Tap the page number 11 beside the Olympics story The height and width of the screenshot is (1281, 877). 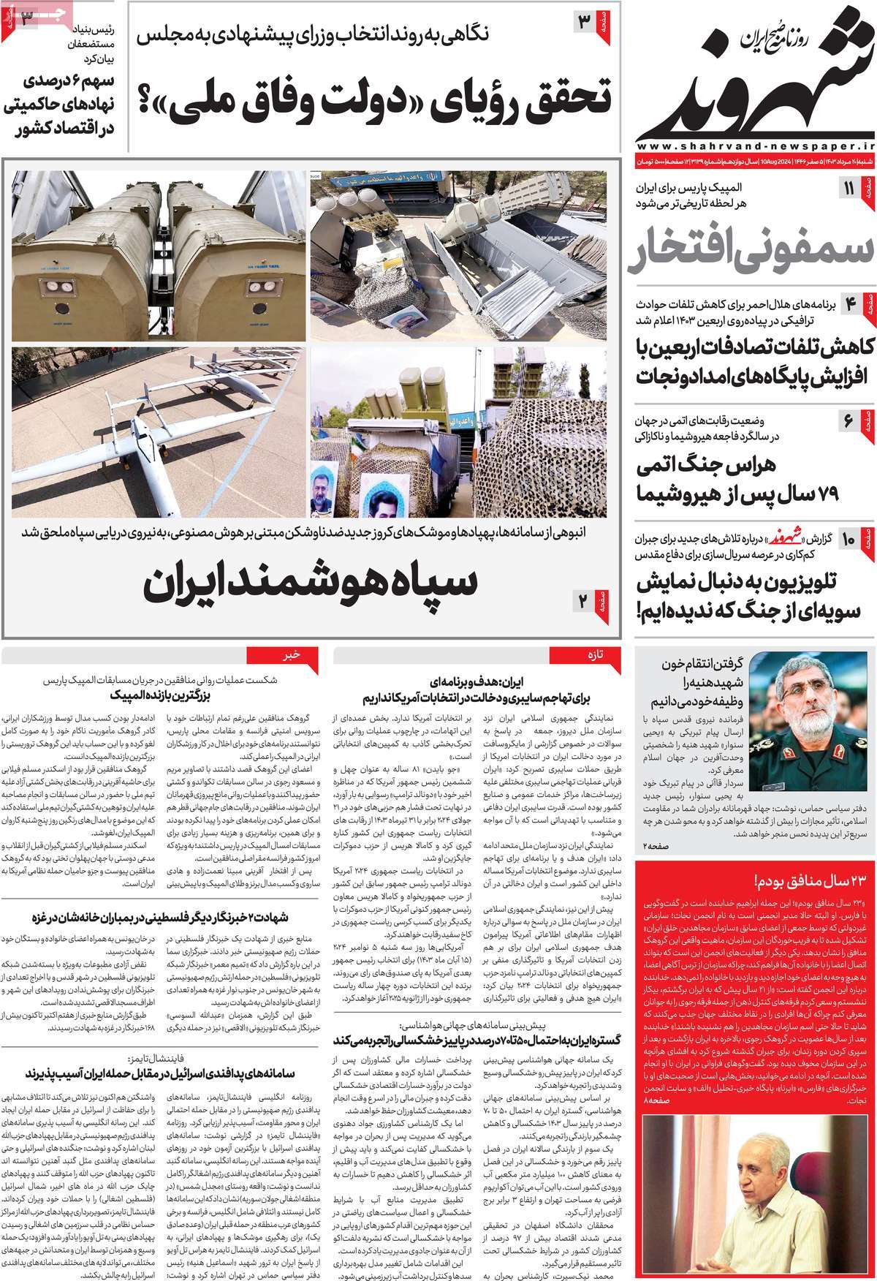click(849, 189)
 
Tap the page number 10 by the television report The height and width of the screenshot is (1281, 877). click(848, 540)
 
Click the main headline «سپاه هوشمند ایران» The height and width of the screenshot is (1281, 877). click(311, 581)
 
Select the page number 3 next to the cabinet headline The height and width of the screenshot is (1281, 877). click(585, 21)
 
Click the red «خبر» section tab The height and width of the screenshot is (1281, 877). click(292, 655)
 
